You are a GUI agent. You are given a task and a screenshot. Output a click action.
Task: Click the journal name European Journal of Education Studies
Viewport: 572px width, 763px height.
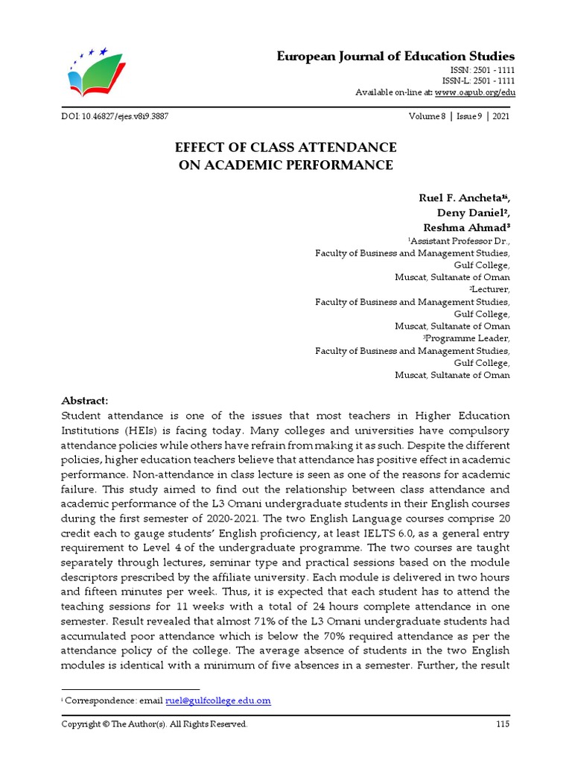pyautogui.click(x=395, y=57)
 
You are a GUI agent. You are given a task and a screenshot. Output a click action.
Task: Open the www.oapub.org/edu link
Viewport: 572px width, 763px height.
pyautogui.click(x=474, y=92)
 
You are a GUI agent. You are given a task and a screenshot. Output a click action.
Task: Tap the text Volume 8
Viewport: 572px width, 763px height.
pyautogui.click(x=427, y=117)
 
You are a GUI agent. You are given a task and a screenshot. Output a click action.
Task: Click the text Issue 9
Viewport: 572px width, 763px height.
pyautogui.click(x=468, y=117)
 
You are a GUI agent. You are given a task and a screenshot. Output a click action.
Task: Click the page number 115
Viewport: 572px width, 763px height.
pyautogui.click(x=502, y=724)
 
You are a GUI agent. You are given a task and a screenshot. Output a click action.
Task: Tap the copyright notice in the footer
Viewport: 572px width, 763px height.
pyautogui.click(x=154, y=724)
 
